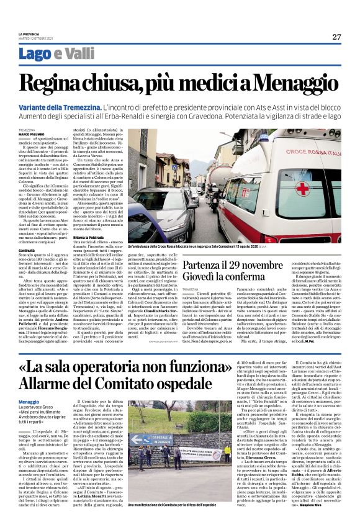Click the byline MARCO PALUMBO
32,134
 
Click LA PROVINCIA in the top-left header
28,34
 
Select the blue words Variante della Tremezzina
59,108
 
